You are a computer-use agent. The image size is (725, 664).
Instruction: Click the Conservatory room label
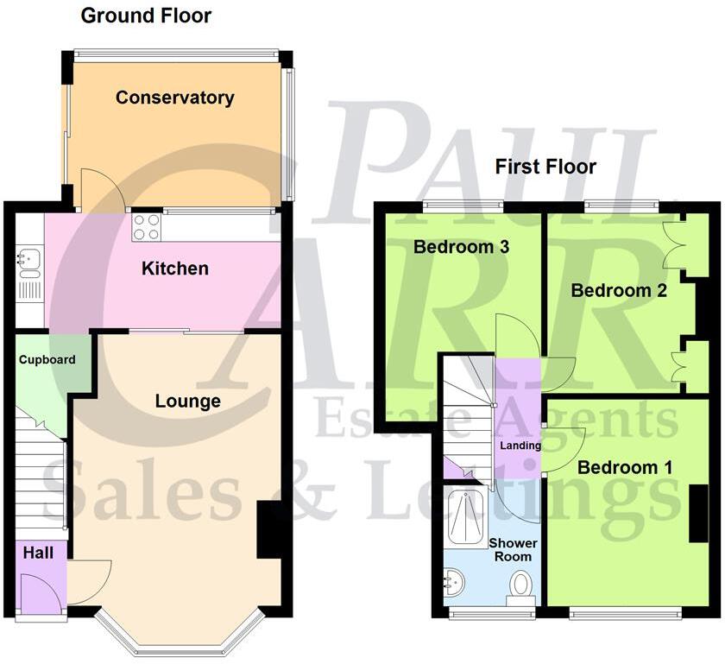[x=174, y=98]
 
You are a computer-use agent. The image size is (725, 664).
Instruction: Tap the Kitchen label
[x=175, y=269]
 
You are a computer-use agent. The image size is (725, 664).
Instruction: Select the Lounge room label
[x=187, y=401]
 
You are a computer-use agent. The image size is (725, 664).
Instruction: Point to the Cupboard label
[x=47, y=360]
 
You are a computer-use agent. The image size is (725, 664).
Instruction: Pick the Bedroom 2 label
[x=619, y=290]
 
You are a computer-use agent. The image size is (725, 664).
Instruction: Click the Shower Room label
[x=514, y=550]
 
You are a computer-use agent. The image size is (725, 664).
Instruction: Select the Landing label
[x=520, y=446]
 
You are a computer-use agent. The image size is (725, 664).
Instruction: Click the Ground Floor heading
[x=145, y=16]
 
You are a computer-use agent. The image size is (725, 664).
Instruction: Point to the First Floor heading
[x=545, y=167]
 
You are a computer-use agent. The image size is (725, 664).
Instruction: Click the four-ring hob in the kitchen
[x=146, y=227]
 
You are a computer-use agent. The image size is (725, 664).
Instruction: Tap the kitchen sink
[x=29, y=260]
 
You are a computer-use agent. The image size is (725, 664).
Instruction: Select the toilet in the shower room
[x=520, y=587]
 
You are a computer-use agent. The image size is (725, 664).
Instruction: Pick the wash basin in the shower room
[x=452, y=586]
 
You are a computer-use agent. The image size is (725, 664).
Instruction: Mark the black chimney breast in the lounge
[x=269, y=528]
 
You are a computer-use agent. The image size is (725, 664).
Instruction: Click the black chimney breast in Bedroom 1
[x=697, y=514]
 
